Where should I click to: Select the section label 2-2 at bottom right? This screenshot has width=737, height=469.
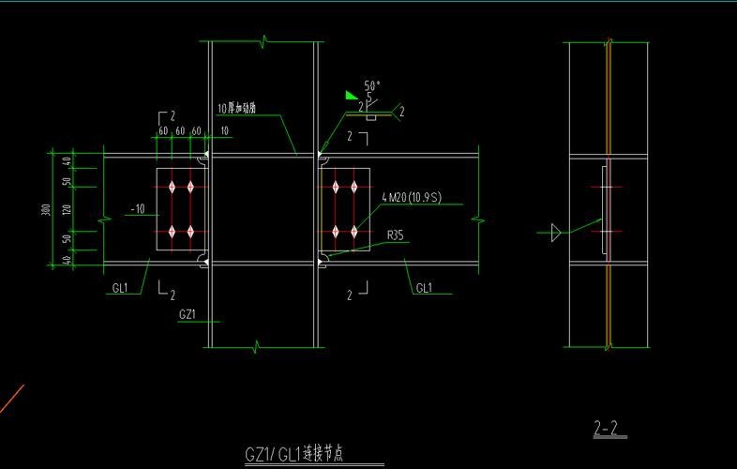pos(607,430)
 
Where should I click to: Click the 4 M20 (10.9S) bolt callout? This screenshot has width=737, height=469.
pos(412,197)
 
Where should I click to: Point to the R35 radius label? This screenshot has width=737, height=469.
pos(396,236)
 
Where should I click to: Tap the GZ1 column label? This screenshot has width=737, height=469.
pos(187,314)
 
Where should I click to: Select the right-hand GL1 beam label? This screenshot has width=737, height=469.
pos(424,288)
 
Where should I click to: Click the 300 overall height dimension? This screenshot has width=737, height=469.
pos(46,209)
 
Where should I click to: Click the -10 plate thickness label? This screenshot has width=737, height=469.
pos(137,209)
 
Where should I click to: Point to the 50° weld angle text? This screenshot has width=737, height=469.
pos(372,85)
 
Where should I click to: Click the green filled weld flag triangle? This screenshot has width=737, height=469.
pos(352,94)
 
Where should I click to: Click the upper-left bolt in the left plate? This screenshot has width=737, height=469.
pos(172,187)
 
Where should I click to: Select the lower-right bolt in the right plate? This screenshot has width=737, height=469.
pos(353,231)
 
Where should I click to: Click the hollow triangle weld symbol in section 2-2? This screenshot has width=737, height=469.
pos(556,231)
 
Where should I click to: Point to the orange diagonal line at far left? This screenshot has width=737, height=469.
pos(11,399)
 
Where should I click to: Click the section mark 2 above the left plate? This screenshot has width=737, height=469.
pos(173,116)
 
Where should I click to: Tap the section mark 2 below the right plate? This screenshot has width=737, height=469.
pos(350,295)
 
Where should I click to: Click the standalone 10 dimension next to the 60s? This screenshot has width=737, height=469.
pos(224,130)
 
